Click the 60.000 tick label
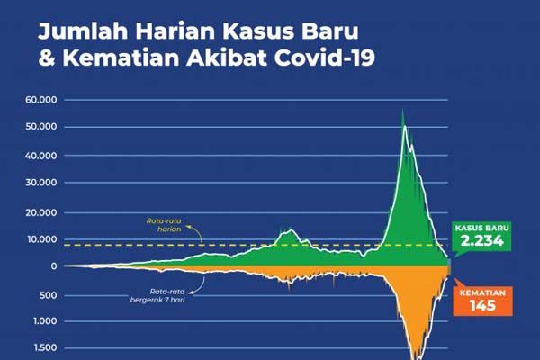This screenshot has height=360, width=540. coord(41,100)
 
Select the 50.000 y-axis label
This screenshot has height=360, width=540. coord(41,127)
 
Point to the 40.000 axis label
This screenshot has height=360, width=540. coord(41,156)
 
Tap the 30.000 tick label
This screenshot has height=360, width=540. coord(41,183)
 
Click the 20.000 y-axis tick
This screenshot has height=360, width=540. coord(41,212)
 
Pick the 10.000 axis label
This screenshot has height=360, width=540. coord(42,239)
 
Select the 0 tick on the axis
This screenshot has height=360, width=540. coord(54,266)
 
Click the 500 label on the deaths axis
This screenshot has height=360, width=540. coord(49,295)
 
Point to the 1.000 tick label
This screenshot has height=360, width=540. coord(45,321)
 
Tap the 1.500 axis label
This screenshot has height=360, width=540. coord(46,347)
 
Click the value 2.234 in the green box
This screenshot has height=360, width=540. coord(482,240)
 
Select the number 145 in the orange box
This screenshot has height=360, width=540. coord(482,305)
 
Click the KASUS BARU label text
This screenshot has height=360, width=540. coord(481,228)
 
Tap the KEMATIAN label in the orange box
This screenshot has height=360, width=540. coord(482,292)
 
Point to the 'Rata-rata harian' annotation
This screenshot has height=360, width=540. coord(164,225)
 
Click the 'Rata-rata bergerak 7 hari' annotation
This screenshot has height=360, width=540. coord(157,295)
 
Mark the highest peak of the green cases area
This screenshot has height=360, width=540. coord(402,110)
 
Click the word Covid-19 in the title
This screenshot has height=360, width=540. coord(325,58)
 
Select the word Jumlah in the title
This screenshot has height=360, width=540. coord(84,31)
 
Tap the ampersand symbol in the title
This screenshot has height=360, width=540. coord(47,58)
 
